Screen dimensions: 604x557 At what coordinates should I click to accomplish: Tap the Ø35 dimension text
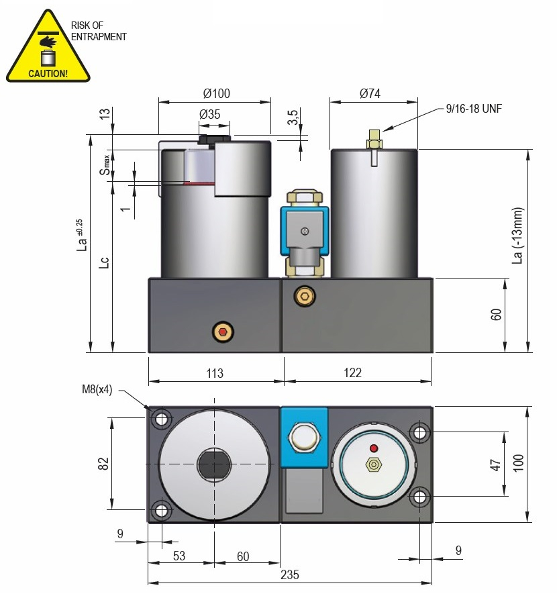210,114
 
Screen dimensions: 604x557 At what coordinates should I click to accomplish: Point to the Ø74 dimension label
370,94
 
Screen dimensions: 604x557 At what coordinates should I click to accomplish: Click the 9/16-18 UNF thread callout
473,108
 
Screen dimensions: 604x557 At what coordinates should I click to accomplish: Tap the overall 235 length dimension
289,574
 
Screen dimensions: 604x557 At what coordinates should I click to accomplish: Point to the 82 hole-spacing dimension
103,463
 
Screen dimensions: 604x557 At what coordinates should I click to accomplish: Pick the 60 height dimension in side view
496,315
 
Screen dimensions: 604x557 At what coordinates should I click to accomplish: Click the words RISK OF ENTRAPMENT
98,32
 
